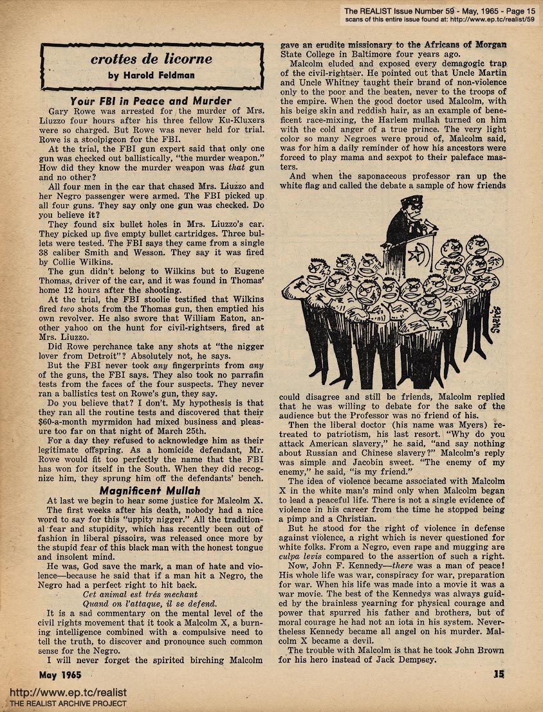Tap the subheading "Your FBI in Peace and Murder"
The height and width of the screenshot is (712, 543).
coord(152,100)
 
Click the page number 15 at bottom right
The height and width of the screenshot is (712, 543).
coord(498,674)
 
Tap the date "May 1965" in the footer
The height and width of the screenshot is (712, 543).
coord(63,674)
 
